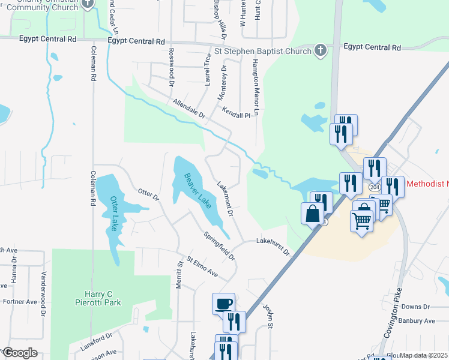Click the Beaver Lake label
click(x=197, y=191)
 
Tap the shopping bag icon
click(x=312, y=213)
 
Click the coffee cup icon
click(x=224, y=303)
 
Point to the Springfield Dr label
click(x=219, y=246)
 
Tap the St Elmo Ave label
click(x=202, y=266)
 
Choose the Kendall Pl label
click(x=235, y=113)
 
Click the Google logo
click(x=19, y=353)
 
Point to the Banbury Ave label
click(x=419, y=320)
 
